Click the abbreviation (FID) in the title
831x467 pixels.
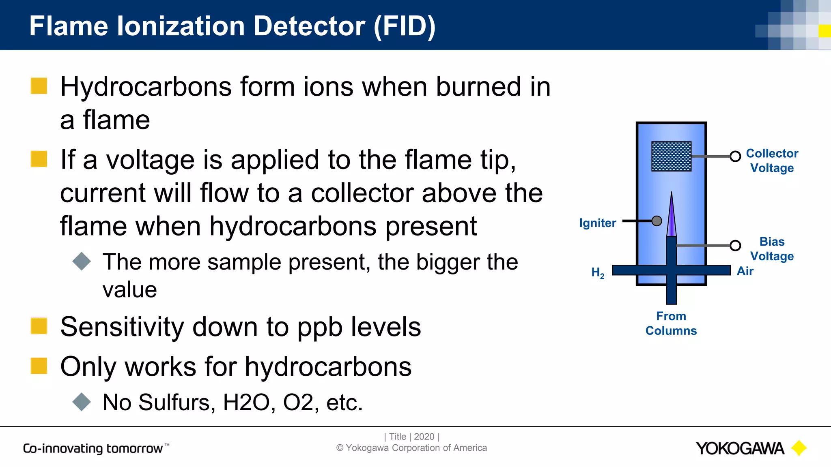(x=404, y=26)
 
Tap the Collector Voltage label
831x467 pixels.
(x=772, y=161)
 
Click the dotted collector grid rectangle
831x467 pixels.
(x=671, y=156)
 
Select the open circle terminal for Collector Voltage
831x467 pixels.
(x=735, y=156)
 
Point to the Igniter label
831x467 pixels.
(x=597, y=223)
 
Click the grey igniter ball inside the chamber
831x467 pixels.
(x=657, y=221)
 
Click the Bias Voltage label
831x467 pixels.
(x=772, y=249)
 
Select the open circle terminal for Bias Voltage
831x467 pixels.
(x=735, y=245)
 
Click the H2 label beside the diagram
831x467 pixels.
(x=598, y=272)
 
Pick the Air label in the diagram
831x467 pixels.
(x=745, y=271)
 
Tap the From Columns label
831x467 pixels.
(x=671, y=323)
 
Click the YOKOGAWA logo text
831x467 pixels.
(x=740, y=448)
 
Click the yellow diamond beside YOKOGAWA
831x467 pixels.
(x=799, y=448)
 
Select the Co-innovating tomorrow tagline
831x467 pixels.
(x=96, y=448)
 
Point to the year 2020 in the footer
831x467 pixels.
(x=424, y=437)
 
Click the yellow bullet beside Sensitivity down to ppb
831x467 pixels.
(x=39, y=326)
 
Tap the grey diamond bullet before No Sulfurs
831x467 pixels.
(x=82, y=402)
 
